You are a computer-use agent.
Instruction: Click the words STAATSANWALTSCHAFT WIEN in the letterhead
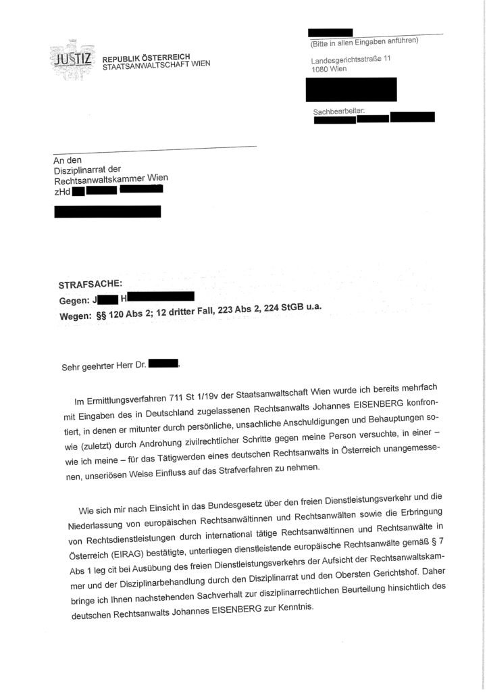point(156,64)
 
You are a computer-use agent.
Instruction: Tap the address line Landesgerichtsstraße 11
point(346,60)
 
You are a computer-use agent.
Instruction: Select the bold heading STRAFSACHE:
point(90,285)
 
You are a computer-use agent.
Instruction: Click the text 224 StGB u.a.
point(286,307)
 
